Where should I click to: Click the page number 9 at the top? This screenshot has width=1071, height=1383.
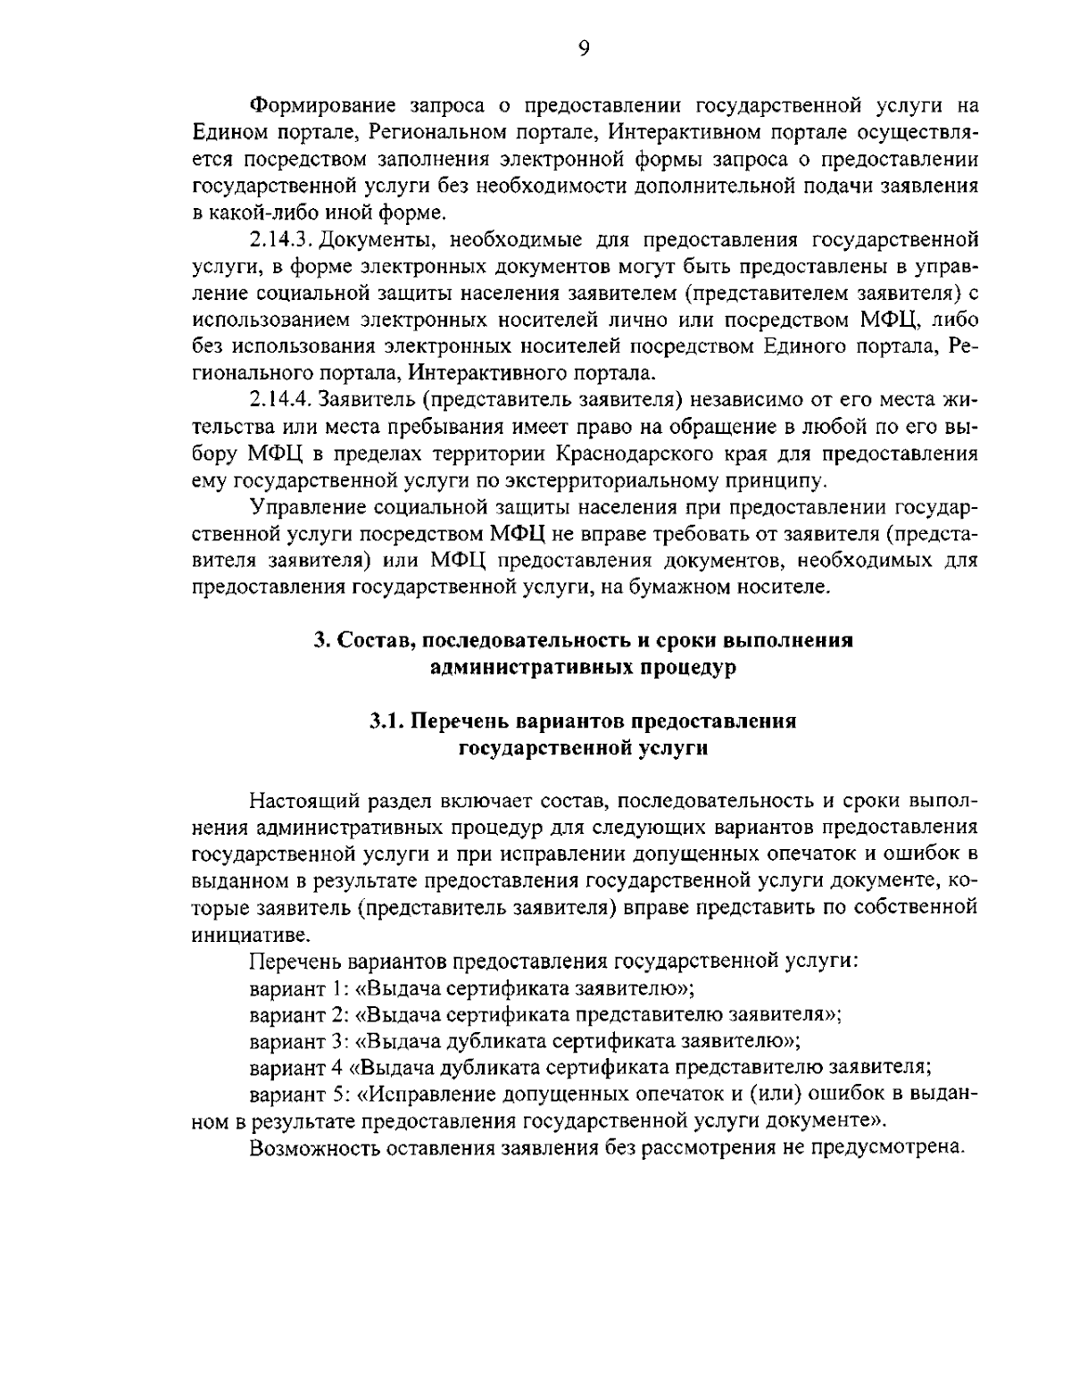tap(583, 48)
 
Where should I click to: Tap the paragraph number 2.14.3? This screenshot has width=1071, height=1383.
tap(279, 239)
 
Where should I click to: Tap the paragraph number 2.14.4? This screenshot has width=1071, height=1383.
tap(280, 398)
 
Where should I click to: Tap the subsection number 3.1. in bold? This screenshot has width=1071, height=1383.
tap(388, 721)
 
